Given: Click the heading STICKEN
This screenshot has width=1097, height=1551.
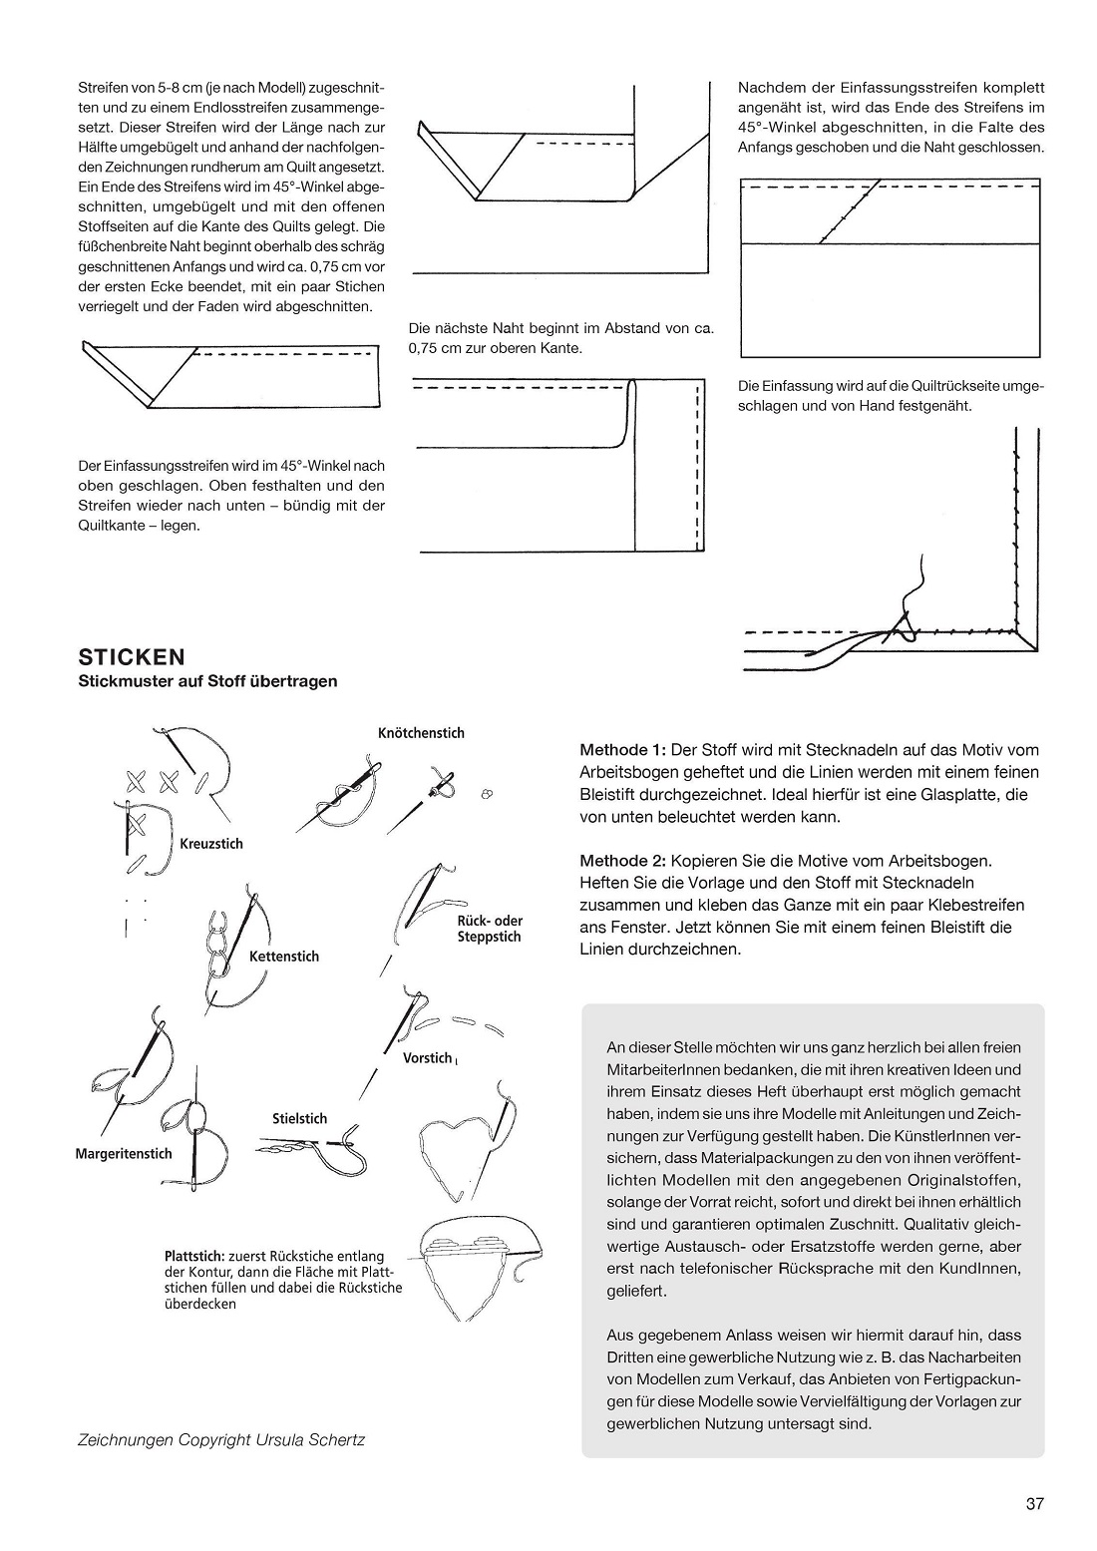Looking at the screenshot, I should click(132, 657).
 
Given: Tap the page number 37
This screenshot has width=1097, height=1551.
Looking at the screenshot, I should click(1034, 1504).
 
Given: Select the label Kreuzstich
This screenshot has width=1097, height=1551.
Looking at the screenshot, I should click(211, 844).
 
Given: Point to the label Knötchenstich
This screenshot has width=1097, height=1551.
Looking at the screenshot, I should click(421, 733).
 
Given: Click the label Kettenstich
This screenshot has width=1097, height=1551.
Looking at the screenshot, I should click(284, 957).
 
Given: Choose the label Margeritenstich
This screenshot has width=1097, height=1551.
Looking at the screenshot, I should click(124, 1154).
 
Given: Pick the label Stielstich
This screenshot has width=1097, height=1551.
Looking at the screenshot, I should click(299, 1119).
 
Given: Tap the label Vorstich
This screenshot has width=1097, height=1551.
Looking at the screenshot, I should click(427, 1058).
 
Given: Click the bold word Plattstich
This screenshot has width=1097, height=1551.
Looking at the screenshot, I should click(194, 1257).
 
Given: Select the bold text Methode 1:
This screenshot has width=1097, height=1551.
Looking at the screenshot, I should click(622, 750).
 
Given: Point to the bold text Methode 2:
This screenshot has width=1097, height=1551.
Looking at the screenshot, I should click(622, 860).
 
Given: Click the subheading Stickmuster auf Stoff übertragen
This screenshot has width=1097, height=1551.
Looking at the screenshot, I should click(207, 682).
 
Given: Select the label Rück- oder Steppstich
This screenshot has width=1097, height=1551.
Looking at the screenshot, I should click(489, 929).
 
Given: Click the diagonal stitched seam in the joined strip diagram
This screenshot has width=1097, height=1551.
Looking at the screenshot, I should click(849, 212).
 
